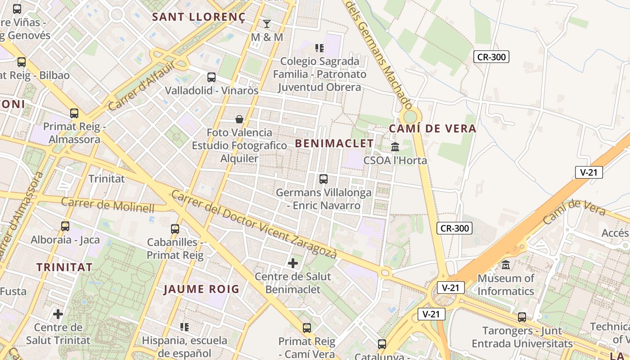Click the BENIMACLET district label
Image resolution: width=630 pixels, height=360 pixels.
point(334,144)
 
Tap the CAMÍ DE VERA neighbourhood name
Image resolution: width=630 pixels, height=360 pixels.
point(432,129)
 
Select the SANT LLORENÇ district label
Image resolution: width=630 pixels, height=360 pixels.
point(199,17)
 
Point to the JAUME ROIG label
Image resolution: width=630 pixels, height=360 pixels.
point(201,289)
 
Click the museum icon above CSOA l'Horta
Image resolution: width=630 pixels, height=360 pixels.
point(395,147)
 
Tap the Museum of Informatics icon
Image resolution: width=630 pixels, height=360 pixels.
point(506,265)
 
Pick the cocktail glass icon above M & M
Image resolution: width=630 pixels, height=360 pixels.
point(267,23)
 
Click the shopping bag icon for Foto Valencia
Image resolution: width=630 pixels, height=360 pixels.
point(239,119)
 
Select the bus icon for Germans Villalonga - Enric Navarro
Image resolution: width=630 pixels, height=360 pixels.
point(323,179)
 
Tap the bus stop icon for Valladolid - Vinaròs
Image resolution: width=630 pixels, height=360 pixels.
point(211,77)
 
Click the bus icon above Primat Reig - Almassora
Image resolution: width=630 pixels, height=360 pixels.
point(74,113)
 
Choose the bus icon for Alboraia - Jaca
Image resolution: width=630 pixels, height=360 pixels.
point(65,226)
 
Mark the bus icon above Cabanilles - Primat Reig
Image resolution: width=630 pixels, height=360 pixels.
point(175,229)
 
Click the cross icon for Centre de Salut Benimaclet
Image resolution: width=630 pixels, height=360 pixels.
point(293,263)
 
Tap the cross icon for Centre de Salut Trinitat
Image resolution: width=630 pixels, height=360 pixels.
point(58,314)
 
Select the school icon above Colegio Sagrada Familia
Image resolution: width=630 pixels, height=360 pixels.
point(319,48)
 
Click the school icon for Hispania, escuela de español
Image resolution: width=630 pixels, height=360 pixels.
point(184,327)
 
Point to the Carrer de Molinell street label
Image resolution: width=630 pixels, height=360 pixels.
point(108,205)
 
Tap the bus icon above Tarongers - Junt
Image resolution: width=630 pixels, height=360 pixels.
point(522,317)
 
